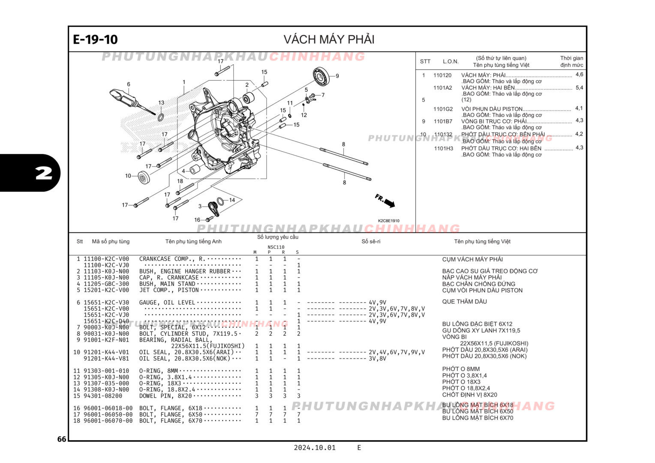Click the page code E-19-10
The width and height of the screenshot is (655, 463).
[95, 39]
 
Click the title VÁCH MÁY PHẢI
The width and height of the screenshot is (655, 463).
[329, 39]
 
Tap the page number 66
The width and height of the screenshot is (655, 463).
[62, 439]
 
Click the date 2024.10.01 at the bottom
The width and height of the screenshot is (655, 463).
[314, 448]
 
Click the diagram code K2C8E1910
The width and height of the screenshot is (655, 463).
[388, 221]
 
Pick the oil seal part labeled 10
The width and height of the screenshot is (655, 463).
[143, 177]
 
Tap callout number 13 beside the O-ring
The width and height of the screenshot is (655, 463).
[161, 103]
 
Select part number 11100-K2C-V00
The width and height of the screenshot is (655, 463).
[106, 259]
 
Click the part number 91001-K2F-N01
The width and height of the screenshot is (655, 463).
[106, 340]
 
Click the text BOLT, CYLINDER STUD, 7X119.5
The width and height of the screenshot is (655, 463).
[188, 334]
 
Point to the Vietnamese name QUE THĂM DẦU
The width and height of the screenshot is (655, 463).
[464, 301]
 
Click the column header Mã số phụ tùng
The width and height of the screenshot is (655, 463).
[111, 241]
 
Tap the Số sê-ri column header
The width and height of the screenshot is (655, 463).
[371, 241]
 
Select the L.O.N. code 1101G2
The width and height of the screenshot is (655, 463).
[443, 109]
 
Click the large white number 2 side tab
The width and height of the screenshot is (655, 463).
[43, 173]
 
